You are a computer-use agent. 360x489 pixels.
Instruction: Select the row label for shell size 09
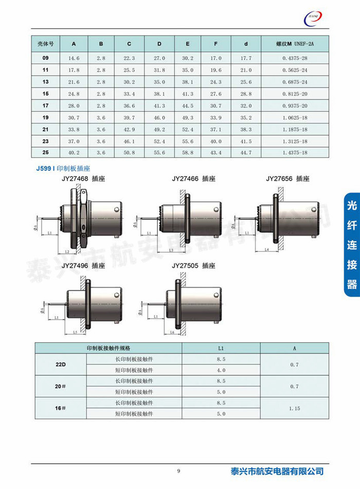pos(45,58)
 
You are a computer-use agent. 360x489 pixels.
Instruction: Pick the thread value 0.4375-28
pos(294,58)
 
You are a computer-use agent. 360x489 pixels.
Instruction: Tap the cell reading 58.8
pos(188,153)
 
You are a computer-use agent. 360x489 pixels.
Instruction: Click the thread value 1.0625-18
pos(294,117)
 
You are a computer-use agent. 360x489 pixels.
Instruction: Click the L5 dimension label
pos(75,333)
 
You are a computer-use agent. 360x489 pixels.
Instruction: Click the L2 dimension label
pos(67,252)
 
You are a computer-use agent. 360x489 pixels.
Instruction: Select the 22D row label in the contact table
pos(60,364)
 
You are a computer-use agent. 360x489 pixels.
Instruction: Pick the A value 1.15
pos(294,408)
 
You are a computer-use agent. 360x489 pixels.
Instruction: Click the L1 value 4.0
pos(221,370)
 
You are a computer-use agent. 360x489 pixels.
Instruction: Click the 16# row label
pos(60,408)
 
